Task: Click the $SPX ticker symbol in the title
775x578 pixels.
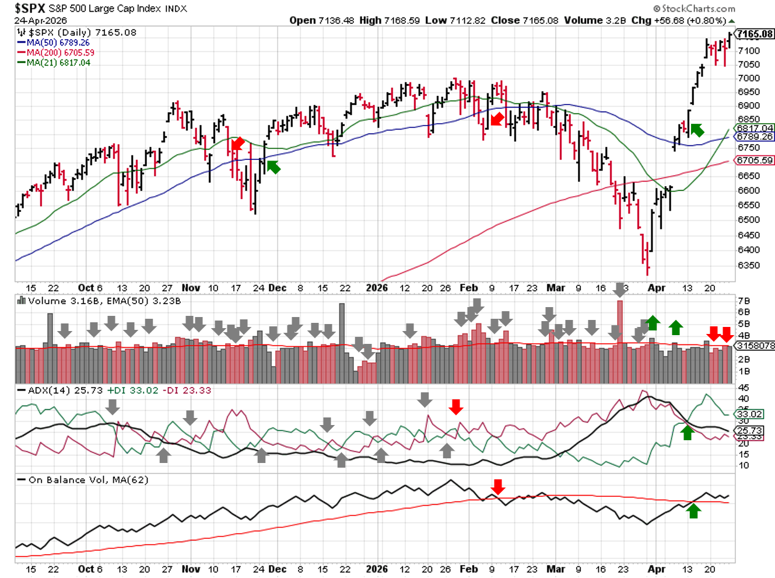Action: tap(30, 8)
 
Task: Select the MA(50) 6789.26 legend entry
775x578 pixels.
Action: tap(58, 43)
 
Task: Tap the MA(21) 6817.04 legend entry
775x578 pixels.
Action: tap(58, 62)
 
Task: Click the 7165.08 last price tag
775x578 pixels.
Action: tap(755, 34)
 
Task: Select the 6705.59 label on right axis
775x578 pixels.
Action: tap(755, 160)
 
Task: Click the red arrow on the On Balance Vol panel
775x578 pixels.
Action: tap(497, 486)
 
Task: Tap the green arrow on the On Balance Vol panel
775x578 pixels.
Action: tap(693, 511)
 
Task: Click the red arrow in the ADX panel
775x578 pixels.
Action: tap(456, 406)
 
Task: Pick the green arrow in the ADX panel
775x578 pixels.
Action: tap(687, 432)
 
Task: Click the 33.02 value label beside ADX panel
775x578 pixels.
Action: tap(749, 414)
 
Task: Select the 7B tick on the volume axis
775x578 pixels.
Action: tap(744, 301)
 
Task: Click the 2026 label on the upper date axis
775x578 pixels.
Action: tap(377, 288)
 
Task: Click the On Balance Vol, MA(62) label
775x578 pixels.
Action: tap(88, 480)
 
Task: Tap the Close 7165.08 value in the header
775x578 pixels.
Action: tap(524, 20)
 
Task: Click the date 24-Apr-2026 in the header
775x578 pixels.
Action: tap(40, 20)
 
